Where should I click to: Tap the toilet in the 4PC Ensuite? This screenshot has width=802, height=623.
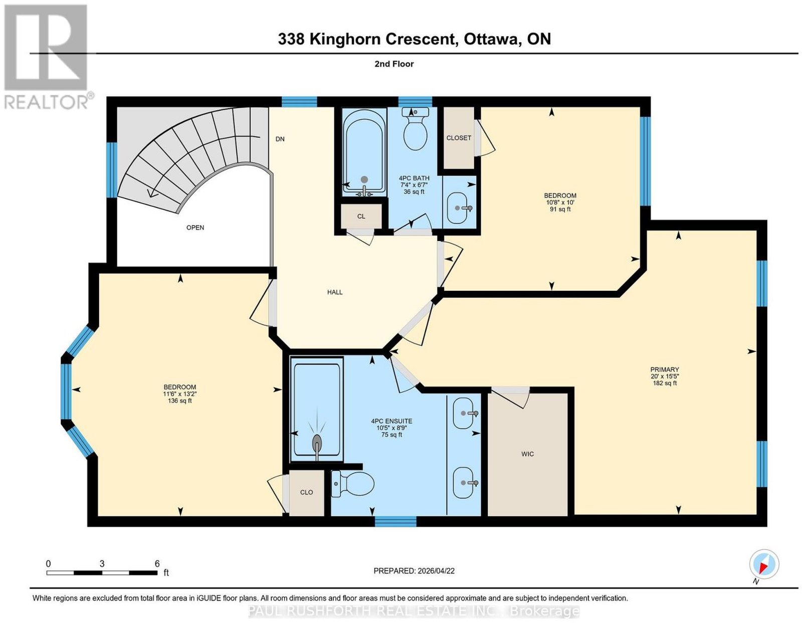pos(352,483)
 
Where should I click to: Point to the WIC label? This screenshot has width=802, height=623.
pos(527,454)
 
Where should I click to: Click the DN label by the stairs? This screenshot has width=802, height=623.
pos(280,139)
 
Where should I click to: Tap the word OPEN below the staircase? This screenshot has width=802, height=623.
pos(195,228)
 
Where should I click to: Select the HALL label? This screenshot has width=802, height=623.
pos(335,292)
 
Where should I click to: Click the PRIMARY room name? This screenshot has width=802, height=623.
pos(665,369)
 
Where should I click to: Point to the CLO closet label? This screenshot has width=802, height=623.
pos(307,492)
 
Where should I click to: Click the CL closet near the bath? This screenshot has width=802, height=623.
pos(361,217)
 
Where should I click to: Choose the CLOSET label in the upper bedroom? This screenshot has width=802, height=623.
pos(459,138)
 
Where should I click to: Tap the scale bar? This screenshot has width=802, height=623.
pos(102,573)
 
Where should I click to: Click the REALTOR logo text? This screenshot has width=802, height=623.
pos(47,102)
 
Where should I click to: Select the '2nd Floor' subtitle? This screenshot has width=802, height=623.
pos(394,64)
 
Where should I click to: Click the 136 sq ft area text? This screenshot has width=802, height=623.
pos(180,400)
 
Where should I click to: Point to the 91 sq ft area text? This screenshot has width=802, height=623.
pos(560,209)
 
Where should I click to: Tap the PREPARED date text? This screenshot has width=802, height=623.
pos(414,570)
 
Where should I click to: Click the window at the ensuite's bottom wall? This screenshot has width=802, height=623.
pos(395,521)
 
